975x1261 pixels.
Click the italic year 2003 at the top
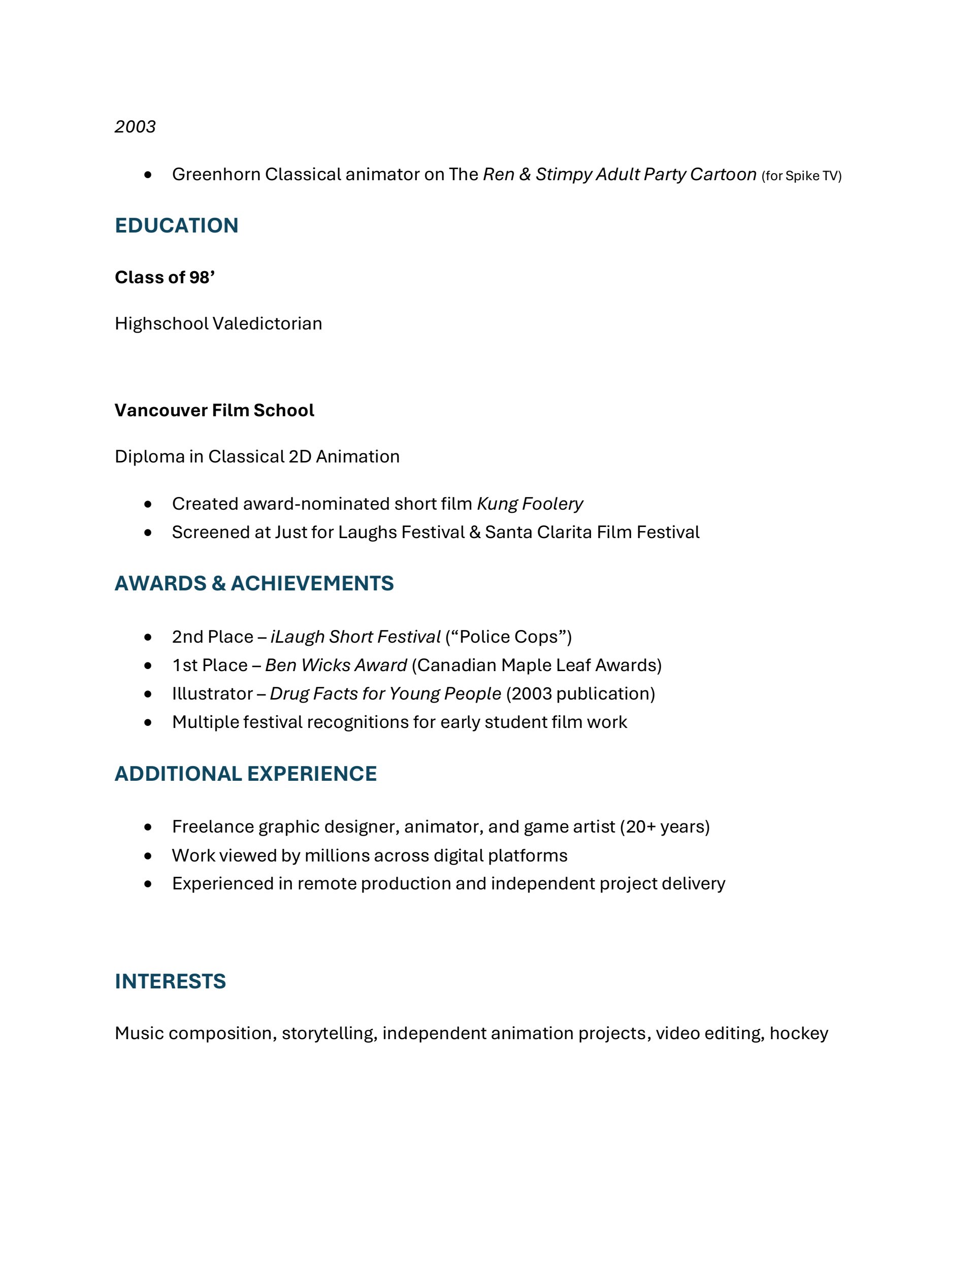click(135, 126)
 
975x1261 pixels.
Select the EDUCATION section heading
click(177, 225)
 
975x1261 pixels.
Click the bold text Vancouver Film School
click(214, 410)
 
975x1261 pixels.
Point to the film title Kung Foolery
click(530, 504)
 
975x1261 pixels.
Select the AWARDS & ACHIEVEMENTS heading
click(254, 583)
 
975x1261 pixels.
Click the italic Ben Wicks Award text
click(336, 665)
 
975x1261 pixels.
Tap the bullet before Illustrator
click(148, 693)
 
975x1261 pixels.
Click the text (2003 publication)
click(580, 693)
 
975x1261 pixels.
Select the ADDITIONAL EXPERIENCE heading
click(245, 774)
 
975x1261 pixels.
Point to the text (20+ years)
click(665, 826)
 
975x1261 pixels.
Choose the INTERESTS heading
click(171, 982)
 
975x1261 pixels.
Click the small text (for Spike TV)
click(802, 176)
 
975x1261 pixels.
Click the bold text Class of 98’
click(165, 277)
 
